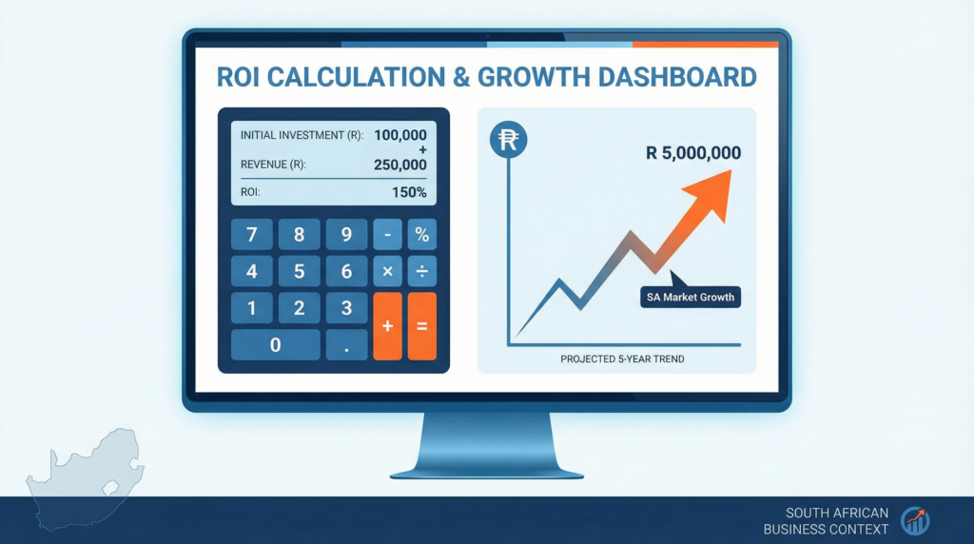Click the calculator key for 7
[x=251, y=235]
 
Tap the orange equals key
[x=421, y=326]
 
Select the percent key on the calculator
[x=421, y=235]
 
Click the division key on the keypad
[x=421, y=271]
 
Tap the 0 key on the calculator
[x=275, y=344]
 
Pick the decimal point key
[x=346, y=344]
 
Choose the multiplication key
[x=388, y=271]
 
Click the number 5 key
[x=299, y=271]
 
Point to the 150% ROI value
[x=409, y=192]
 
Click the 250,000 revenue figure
[x=400, y=165]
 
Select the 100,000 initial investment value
[x=400, y=135]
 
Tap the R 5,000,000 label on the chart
[x=693, y=153]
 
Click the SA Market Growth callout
[x=691, y=297]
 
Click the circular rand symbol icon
[x=508, y=139]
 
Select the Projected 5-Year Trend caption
[x=622, y=359]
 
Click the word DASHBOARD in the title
[x=677, y=77]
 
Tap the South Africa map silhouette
[x=84, y=478]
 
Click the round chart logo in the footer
[x=915, y=520]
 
